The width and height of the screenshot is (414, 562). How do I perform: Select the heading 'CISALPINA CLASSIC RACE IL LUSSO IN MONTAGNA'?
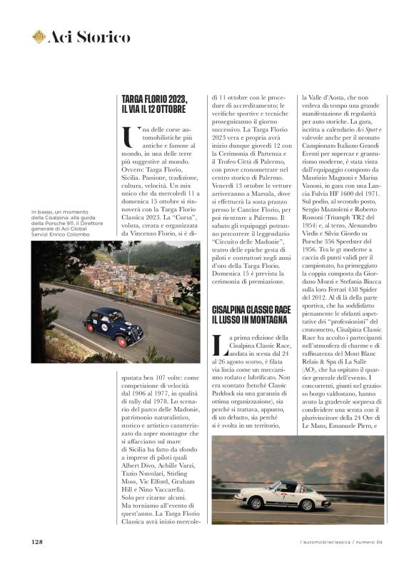252,315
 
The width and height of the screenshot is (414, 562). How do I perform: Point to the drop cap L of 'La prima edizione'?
218,345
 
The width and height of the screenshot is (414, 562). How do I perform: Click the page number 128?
38,541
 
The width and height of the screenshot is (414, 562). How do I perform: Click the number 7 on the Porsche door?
283,494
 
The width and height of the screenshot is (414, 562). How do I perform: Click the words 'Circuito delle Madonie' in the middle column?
245,261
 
